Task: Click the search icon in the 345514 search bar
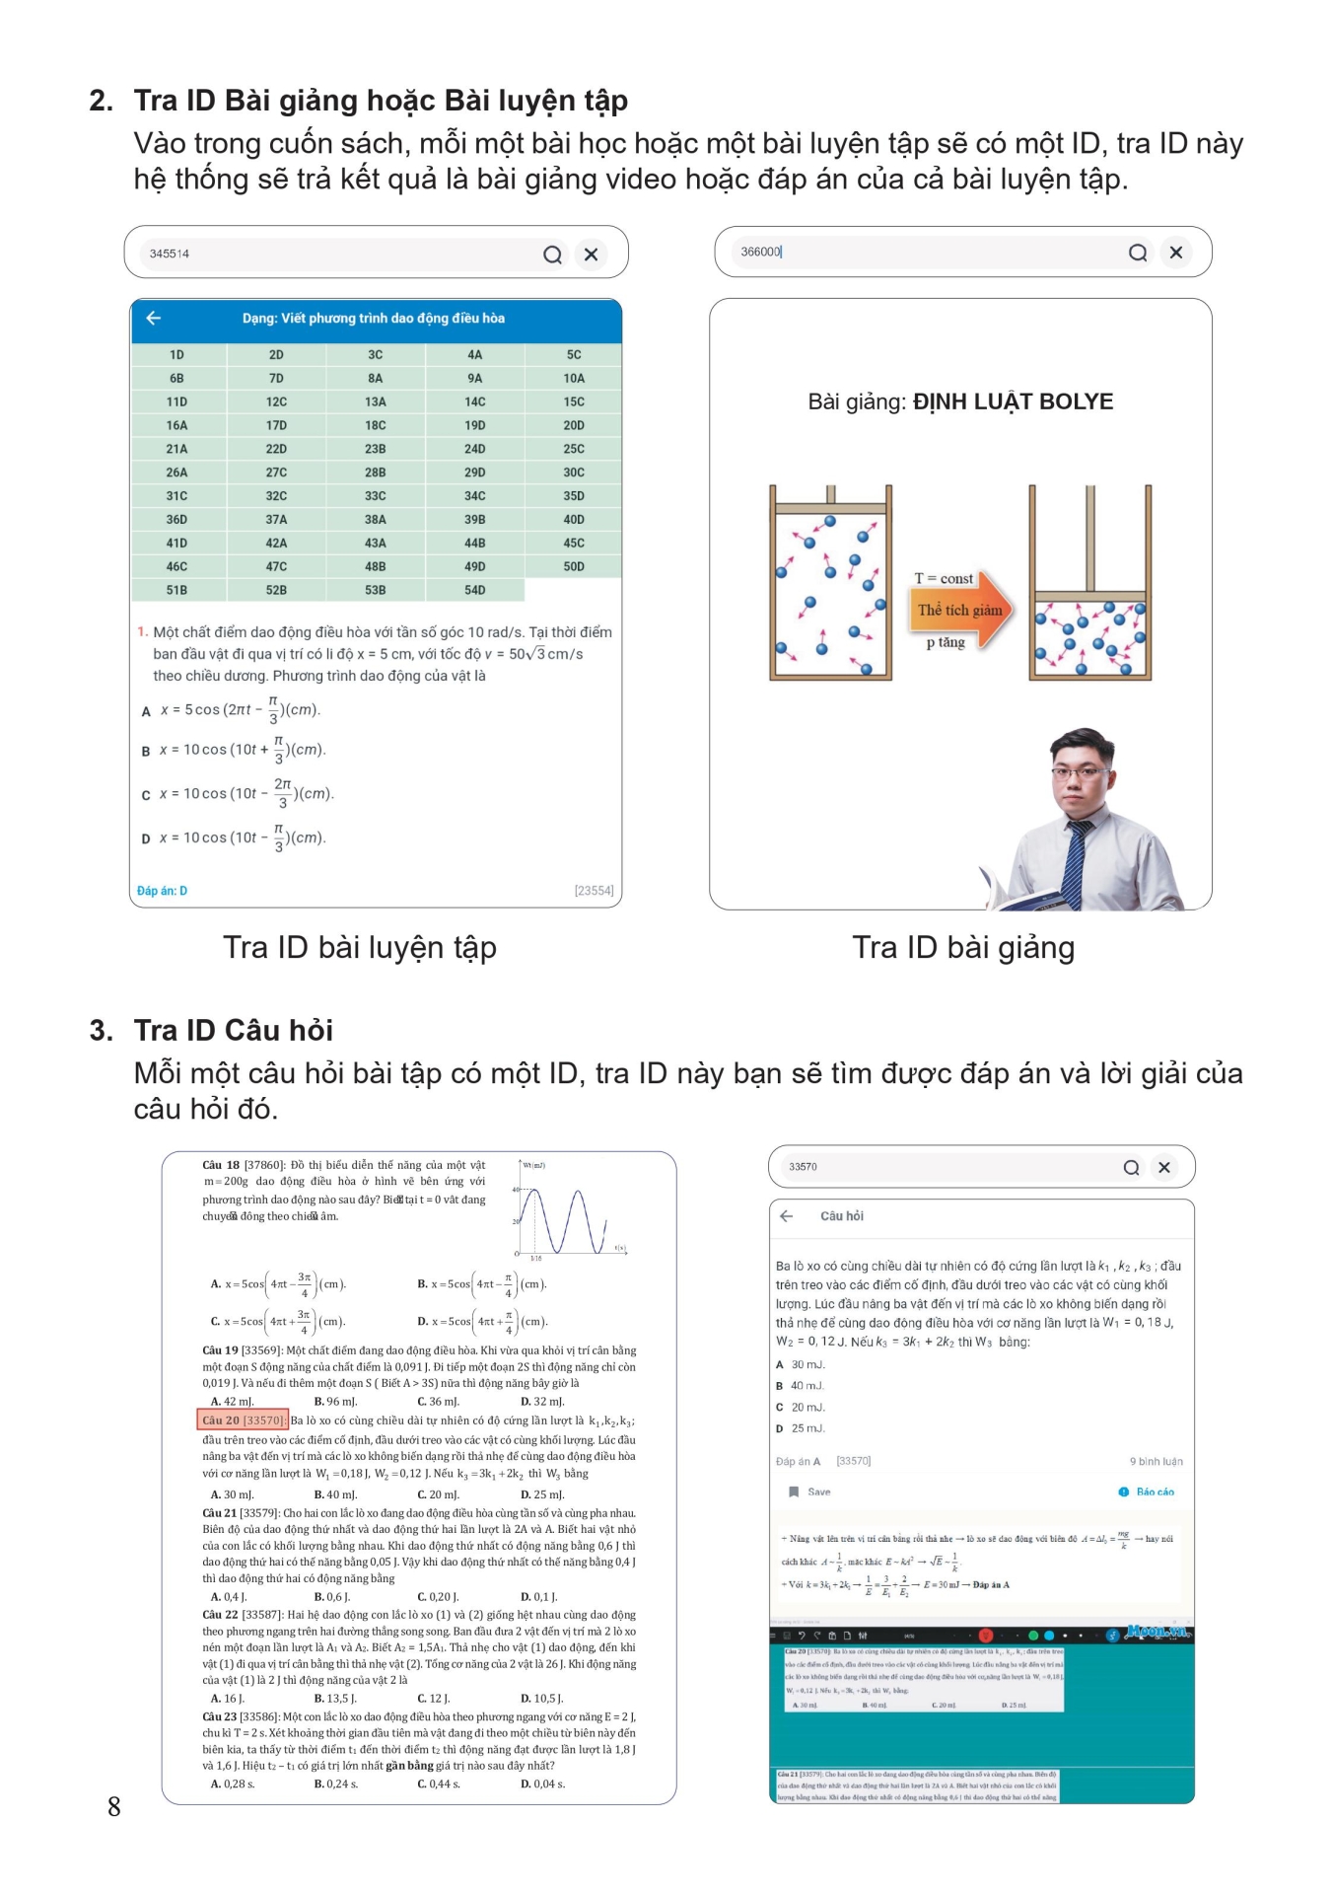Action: click(x=552, y=255)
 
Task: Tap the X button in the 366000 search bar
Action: click(x=1175, y=253)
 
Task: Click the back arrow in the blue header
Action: click(x=154, y=318)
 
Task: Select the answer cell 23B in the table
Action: click(x=375, y=449)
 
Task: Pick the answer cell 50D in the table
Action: click(x=573, y=566)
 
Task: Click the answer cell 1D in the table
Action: click(x=176, y=355)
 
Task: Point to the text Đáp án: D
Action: click(x=163, y=891)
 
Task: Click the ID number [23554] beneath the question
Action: click(x=594, y=891)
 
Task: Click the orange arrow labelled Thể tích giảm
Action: click(x=960, y=610)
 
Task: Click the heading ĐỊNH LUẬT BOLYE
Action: click(x=1013, y=401)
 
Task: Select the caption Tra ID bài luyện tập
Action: click(x=360, y=947)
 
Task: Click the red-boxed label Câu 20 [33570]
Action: click(x=243, y=1420)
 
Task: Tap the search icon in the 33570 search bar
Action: click(x=1131, y=1167)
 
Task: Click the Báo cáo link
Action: click(x=1154, y=1492)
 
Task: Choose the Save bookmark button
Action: click(x=809, y=1492)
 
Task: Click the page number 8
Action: click(x=114, y=1806)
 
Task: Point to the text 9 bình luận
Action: click(x=1156, y=1461)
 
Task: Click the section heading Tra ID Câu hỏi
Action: click(x=233, y=1030)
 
